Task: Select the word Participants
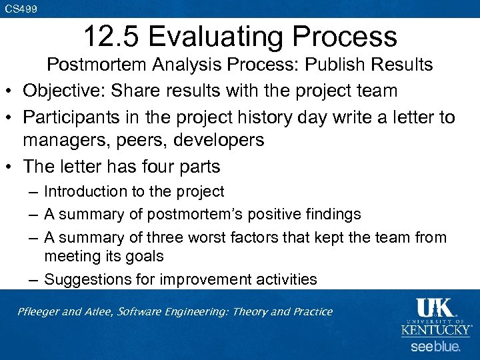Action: (x=72, y=117)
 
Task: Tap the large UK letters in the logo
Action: (x=435, y=308)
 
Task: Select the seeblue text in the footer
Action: (x=435, y=347)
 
